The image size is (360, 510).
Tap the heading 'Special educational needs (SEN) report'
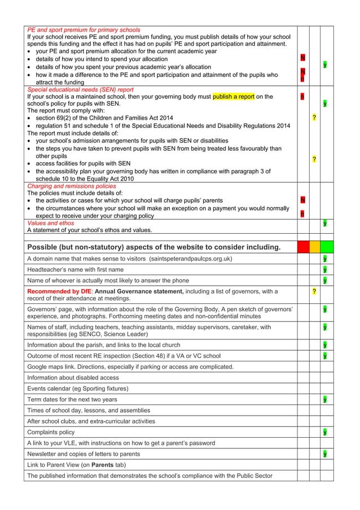80,89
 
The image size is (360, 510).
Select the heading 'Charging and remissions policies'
71,185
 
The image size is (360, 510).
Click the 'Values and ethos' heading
50,223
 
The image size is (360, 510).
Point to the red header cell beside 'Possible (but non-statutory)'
302,247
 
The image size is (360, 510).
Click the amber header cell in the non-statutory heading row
314,247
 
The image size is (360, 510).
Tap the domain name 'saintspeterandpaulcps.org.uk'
190,259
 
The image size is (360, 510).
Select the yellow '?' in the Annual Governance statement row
314,291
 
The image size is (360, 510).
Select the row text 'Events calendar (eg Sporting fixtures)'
78,389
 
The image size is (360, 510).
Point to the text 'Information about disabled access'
73,378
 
